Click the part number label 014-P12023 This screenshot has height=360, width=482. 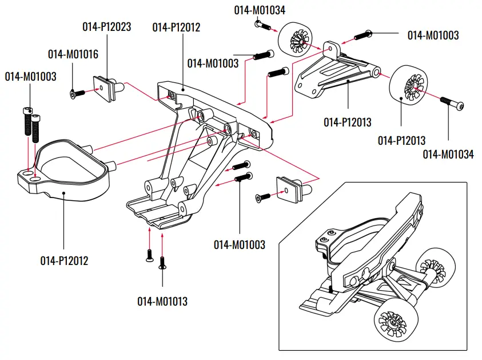click(106, 26)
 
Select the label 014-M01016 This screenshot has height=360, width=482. click(73, 54)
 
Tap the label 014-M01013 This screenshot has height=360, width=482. click(162, 301)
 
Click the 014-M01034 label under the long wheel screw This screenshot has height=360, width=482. click(448, 154)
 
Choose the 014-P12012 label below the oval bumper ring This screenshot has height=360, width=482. click(64, 261)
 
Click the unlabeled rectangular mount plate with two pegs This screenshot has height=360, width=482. click(289, 189)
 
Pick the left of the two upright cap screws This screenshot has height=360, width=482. click(26, 120)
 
